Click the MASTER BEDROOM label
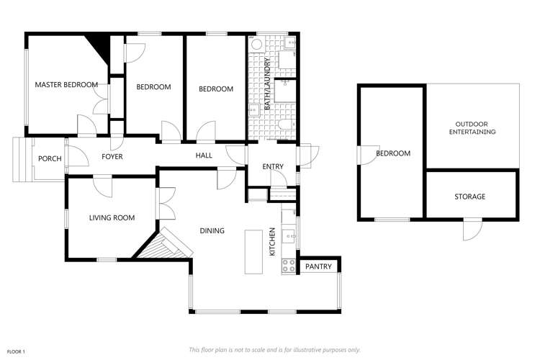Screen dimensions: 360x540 tap(66, 85)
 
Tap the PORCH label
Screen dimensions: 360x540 tap(50, 159)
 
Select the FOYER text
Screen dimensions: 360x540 tap(112, 156)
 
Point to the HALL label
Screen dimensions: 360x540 tap(204, 156)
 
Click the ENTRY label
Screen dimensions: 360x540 tap(273, 167)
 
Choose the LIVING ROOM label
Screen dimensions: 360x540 tap(112, 217)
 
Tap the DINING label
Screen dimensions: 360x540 tap(212, 231)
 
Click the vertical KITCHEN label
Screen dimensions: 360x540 tap(273, 242)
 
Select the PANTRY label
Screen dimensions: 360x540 tap(318, 267)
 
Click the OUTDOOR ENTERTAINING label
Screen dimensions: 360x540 tap(472, 128)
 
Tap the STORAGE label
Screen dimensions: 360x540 tap(469, 197)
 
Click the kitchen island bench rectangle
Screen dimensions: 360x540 tap(253, 251)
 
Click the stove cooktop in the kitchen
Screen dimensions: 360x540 tap(289, 265)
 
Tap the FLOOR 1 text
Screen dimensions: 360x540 tap(17, 351)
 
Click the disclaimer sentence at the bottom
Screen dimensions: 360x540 tap(274, 349)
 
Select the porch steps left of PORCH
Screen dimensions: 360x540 tap(19, 158)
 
